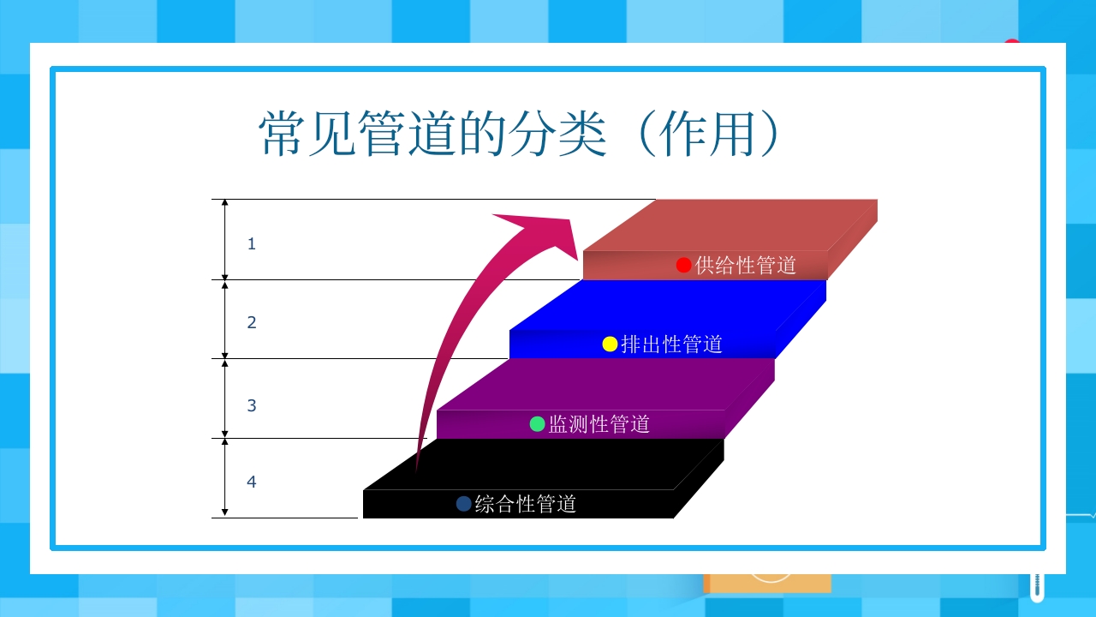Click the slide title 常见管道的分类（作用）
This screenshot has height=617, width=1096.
[x=521, y=134]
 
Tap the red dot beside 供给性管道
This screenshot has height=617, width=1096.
[x=683, y=265]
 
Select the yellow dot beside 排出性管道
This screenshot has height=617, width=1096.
[x=610, y=344]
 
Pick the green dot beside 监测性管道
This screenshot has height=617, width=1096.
[x=538, y=423]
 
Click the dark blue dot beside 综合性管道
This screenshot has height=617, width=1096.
[x=464, y=504]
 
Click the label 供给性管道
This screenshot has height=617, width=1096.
[x=746, y=265]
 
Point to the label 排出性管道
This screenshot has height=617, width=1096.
[x=672, y=344]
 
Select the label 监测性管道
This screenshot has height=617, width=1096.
[x=599, y=424]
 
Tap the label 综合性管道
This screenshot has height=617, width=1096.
[x=526, y=504]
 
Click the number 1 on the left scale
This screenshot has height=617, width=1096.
[x=251, y=244]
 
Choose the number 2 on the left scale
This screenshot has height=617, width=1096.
[x=251, y=323]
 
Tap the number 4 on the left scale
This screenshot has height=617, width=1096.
[x=251, y=482]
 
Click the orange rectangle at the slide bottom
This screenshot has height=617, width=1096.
[x=767, y=583]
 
